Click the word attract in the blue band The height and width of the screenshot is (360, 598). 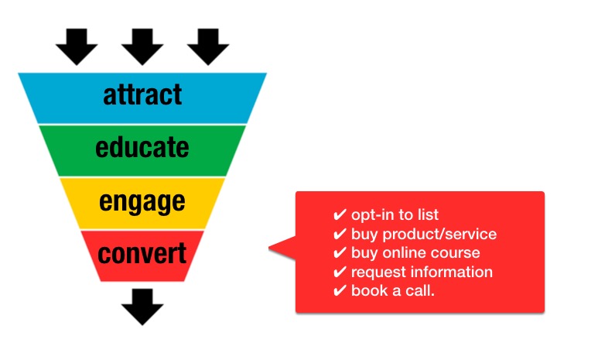click(142, 94)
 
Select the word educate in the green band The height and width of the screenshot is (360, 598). click(142, 147)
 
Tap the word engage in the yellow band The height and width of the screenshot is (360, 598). click(142, 202)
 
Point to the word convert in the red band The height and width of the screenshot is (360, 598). click(142, 253)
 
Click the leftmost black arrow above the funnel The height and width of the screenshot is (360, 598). click(77, 46)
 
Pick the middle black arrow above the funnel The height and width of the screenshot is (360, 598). click(142, 46)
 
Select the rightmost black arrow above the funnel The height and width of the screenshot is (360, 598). click(208, 46)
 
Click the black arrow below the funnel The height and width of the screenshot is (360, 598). click(142, 307)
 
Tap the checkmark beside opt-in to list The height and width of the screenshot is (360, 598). click(340, 214)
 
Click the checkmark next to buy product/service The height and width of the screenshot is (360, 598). click(340, 234)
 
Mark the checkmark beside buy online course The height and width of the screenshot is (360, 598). click(340, 252)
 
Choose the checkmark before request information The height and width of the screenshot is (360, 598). click(340, 272)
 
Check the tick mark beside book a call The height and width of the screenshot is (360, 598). click(340, 291)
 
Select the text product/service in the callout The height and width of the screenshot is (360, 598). click(439, 235)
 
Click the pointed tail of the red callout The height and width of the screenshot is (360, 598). click(270, 248)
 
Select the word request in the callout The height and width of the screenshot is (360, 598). click(378, 273)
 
